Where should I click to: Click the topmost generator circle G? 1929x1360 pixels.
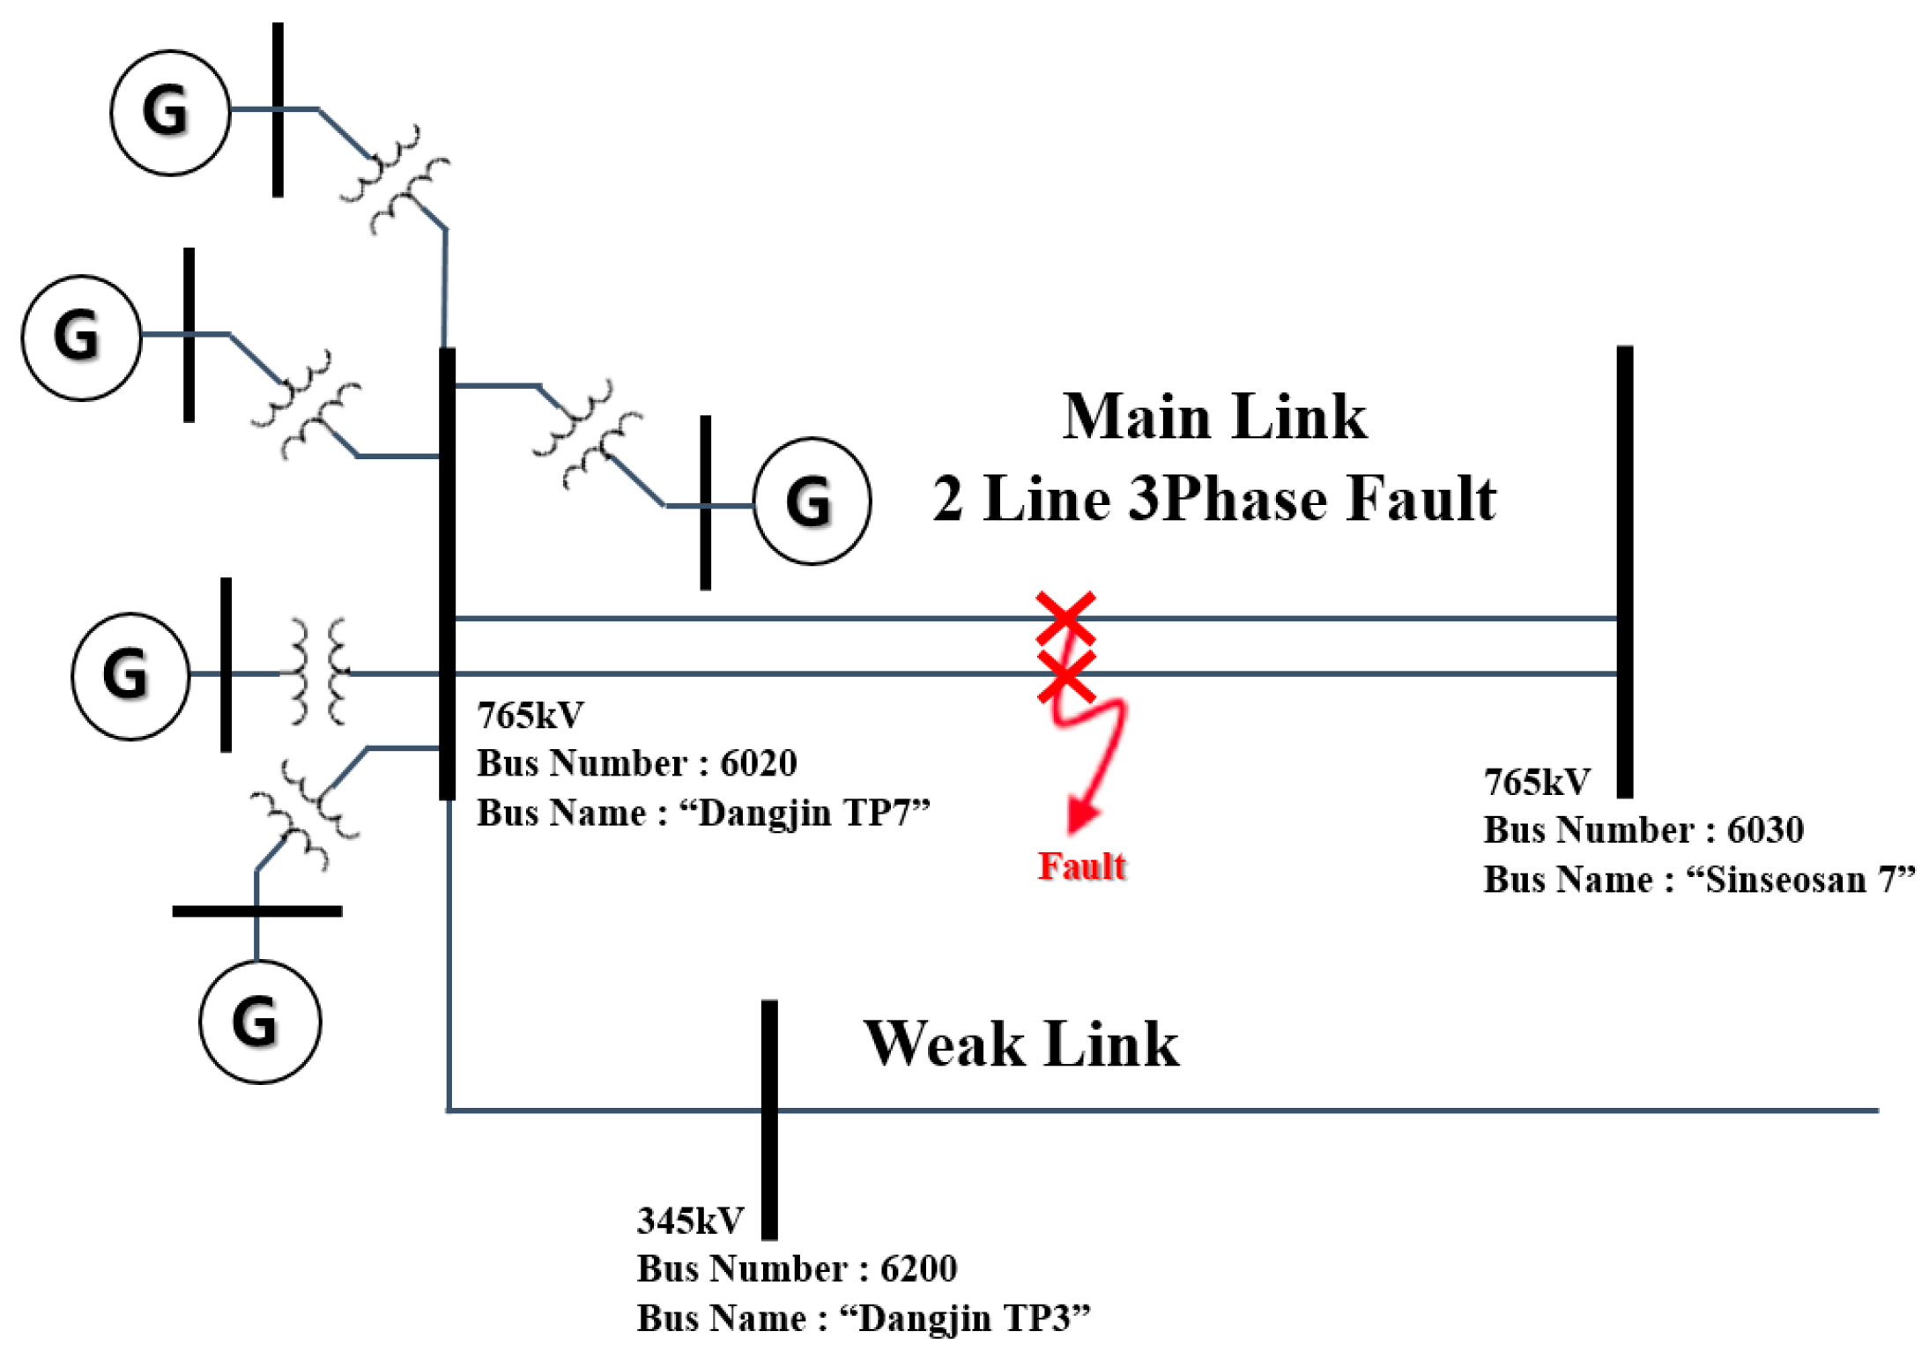click(x=169, y=112)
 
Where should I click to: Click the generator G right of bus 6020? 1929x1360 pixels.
click(x=811, y=500)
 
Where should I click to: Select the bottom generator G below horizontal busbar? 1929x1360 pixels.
click(x=259, y=1021)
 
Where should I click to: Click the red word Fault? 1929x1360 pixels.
click(x=1080, y=866)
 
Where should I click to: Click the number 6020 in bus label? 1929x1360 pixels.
click(x=758, y=762)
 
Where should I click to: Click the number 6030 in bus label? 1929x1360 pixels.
click(x=1764, y=829)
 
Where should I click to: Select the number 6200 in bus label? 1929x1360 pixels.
click(x=918, y=1268)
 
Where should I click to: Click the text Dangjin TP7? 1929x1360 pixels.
click(x=804, y=812)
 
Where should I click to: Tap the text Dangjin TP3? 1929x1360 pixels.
click(x=964, y=1318)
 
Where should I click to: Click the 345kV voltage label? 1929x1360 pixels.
click(x=690, y=1221)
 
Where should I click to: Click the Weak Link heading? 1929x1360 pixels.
click(x=1020, y=1044)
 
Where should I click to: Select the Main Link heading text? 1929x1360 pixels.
click(x=1213, y=416)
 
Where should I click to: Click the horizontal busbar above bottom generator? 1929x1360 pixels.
click(x=256, y=910)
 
